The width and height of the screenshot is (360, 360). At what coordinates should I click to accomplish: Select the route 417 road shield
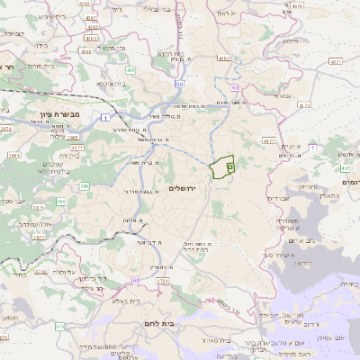pyautogui.click(x=346, y=167)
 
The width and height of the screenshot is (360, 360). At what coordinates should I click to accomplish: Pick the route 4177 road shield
pyautogui.click(x=268, y=141)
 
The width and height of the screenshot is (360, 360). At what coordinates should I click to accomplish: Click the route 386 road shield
pyautogui.click(x=85, y=186)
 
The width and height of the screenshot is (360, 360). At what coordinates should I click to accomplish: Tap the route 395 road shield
pyautogui.click(x=61, y=202)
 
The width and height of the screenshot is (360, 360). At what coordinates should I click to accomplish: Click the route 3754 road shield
pyautogui.click(x=161, y=282)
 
